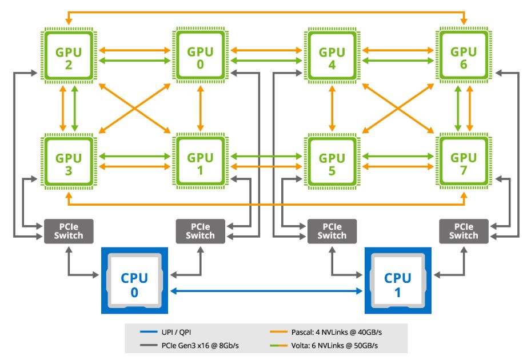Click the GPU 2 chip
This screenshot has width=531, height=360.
(x=68, y=58)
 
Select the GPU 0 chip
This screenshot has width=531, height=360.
(x=200, y=58)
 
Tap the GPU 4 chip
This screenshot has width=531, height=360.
(x=332, y=58)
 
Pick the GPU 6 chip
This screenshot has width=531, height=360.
(x=463, y=58)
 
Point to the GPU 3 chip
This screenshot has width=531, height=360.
(x=68, y=163)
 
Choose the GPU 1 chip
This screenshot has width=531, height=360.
(x=200, y=163)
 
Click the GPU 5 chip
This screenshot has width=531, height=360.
(x=332, y=163)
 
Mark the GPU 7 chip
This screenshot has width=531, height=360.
(x=463, y=163)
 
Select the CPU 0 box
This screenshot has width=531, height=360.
(x=134, y=281)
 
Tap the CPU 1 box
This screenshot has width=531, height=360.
(x=398, y=281)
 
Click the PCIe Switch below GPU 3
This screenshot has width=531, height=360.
(x=68, y=231)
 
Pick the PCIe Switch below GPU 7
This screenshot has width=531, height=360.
(x=464, y=231)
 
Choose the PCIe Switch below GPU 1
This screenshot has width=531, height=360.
(x=200, y=231)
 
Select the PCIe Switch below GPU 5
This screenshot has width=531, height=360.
(x=332, y=231)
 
